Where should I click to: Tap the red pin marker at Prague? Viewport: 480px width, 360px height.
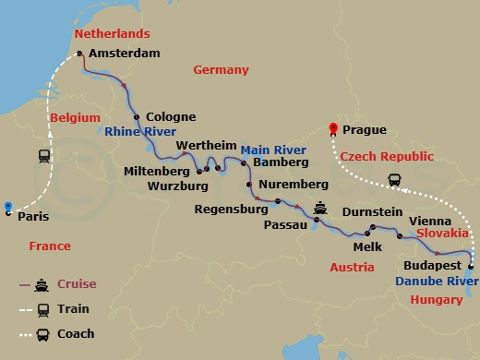[x=334, y=128]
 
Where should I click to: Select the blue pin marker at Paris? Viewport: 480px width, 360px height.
[x=7, y=207]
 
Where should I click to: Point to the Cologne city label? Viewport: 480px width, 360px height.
[x=171, y=117]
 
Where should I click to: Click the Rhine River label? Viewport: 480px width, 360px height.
[x=141, y=132]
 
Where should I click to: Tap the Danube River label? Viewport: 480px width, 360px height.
[x=437, y=279]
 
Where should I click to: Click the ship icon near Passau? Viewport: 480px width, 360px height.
[x=320, y=208]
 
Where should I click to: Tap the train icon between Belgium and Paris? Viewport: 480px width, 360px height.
[x=44, y=156]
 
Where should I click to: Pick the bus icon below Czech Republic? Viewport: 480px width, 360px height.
[x=394, y=180]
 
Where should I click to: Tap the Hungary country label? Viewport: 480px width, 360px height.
[x=437, y=300]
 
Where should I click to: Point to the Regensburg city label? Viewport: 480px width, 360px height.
[x=231, y=210]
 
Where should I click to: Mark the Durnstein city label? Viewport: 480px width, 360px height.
[x=372, y=212]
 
